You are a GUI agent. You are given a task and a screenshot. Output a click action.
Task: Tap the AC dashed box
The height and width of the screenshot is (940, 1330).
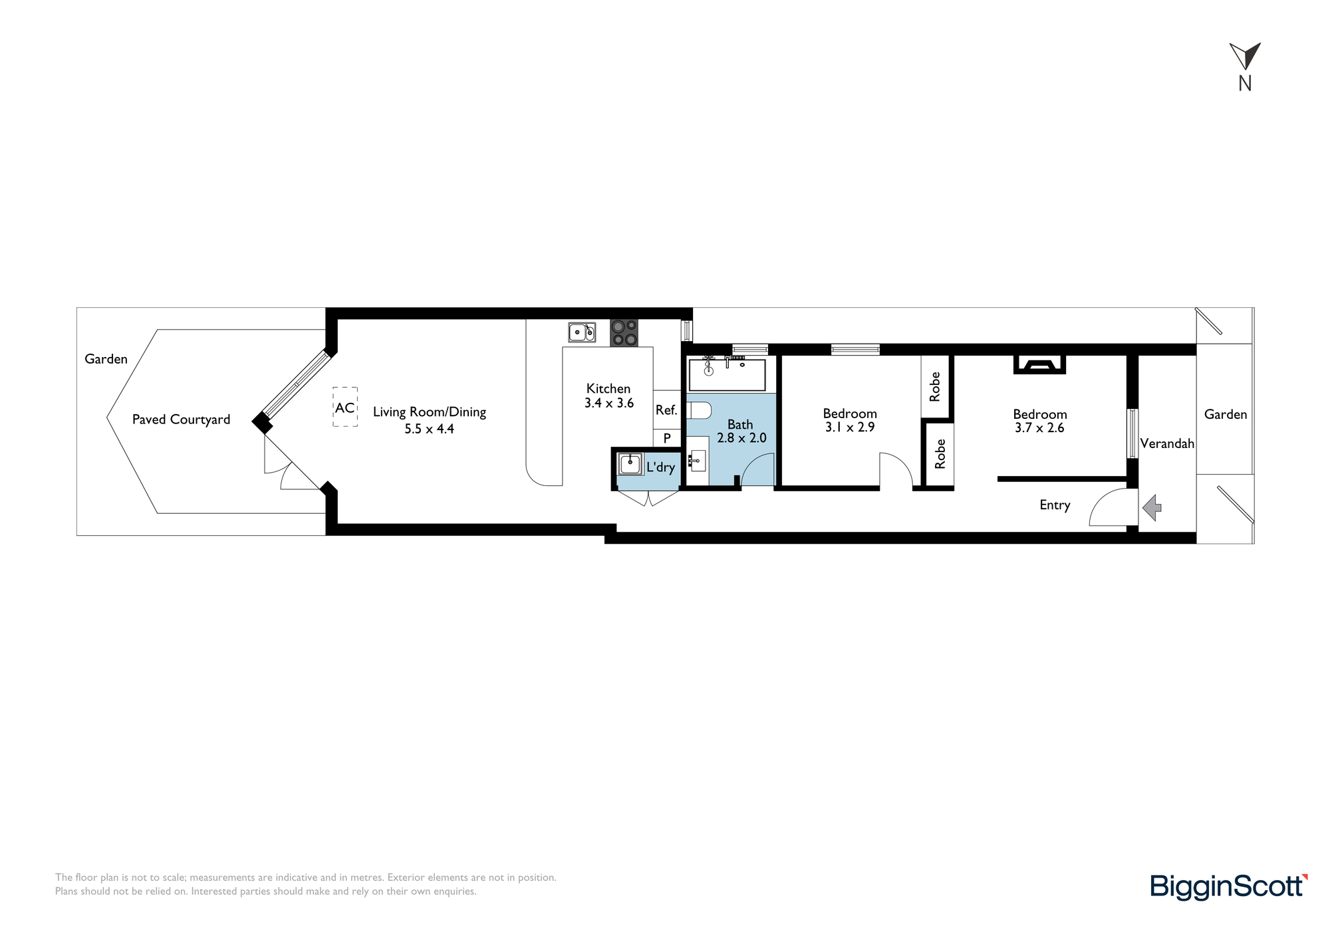click(x=345, y=407)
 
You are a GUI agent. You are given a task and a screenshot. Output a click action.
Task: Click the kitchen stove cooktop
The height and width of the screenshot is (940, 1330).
click(x=624, y=333)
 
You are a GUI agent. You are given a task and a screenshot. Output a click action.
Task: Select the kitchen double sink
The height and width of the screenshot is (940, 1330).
click(x=582, y=332)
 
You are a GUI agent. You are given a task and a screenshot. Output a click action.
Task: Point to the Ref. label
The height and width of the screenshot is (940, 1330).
click(x=666, y=410)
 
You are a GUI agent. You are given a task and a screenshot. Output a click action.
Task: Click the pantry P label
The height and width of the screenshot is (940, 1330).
click(x=667, y=439)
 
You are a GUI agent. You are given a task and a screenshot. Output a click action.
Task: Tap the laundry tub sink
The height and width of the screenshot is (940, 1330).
click(x=630, y=463)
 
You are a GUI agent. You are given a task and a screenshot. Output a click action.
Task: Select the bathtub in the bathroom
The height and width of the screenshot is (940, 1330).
click(x=727, y=375)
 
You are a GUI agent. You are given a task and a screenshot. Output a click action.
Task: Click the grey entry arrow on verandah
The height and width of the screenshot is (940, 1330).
click(x=1152, y=508)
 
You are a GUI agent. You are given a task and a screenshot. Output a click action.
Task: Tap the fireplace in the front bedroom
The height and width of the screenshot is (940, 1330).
click(x=1039, y=364)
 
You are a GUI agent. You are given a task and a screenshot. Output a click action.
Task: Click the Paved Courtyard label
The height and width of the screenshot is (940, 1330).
click(x=181, y=419)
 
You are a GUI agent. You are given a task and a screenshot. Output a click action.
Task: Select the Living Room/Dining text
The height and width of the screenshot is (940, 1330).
click(x=430, y=412)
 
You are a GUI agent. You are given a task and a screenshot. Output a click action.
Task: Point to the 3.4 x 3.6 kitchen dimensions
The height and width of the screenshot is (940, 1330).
click(x=609, y=403)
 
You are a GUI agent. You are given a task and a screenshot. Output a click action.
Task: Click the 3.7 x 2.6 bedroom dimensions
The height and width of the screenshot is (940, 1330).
click(x=1039, y=428)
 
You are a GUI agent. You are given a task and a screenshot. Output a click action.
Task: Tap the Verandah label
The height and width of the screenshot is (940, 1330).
click(x=1167, y=443)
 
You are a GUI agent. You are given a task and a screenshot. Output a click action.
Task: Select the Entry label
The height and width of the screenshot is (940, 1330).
click(x=1055, y=505)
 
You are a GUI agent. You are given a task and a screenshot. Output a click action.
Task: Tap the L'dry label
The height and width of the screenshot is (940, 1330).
click(x=661, y=467)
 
